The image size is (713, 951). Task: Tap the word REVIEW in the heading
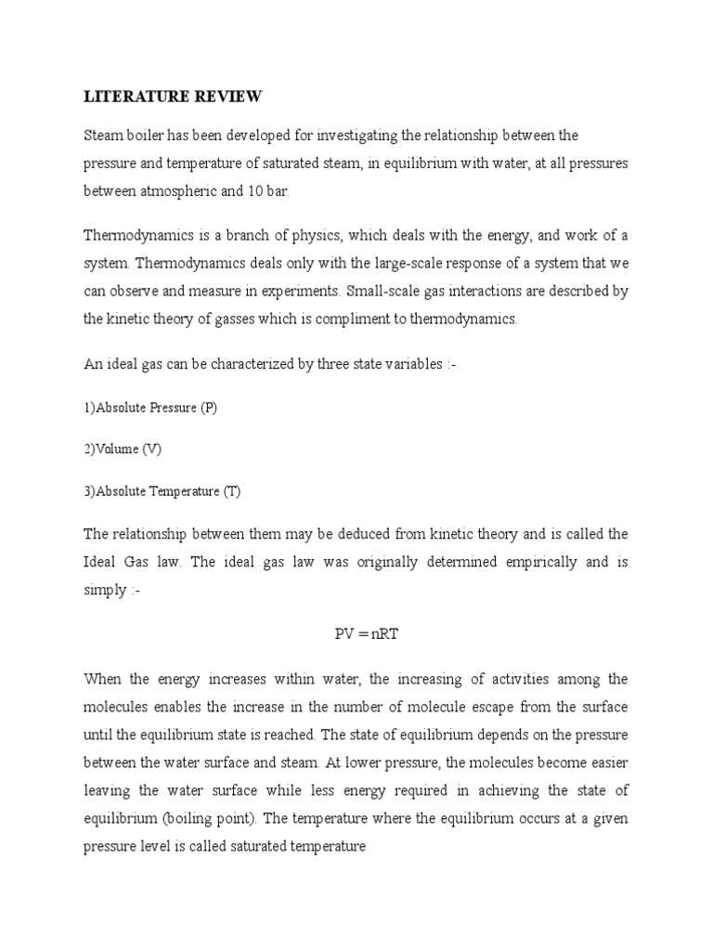tap(229, 97)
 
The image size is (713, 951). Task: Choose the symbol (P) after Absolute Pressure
tap(207, 408)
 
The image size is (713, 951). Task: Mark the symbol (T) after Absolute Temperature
tap(231, 491)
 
